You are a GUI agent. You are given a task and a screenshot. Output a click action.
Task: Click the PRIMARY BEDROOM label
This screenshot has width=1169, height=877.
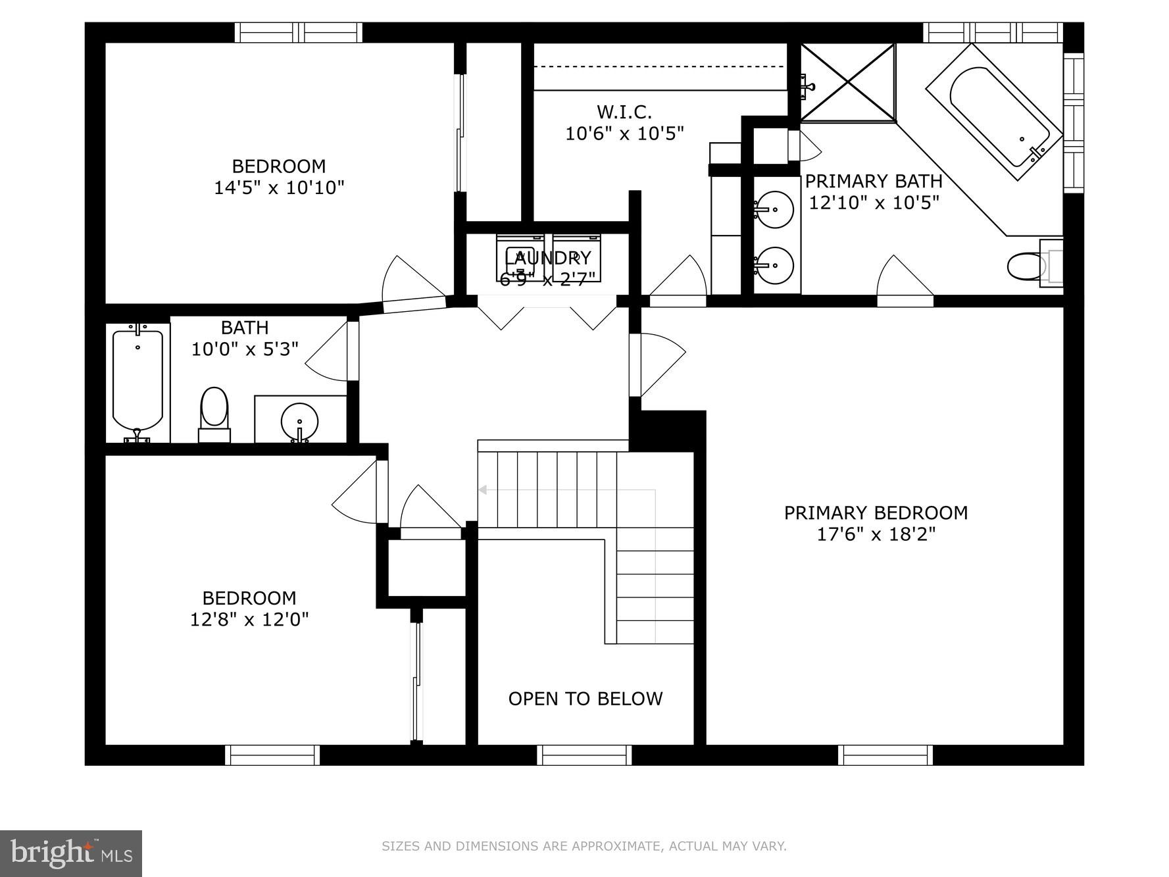coord(876,513)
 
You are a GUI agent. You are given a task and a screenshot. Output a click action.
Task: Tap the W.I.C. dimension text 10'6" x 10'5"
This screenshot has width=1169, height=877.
coord(624,134)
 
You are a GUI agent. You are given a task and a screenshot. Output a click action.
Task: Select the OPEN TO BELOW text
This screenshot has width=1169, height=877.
coord(585,699)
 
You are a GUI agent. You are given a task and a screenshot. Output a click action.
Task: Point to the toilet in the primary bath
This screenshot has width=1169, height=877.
coord(1028,266)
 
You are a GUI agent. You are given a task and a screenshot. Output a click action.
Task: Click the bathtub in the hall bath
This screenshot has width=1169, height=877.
coord(137,381)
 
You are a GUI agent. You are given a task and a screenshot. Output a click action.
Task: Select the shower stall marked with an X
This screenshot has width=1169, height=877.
coord(848,82)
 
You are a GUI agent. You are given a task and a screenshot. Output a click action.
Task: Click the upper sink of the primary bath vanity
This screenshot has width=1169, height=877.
coord(774,209)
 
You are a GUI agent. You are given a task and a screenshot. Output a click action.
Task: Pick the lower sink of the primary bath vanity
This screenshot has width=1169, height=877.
coord(774,265)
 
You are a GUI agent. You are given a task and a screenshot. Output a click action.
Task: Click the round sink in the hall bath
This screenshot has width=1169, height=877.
coord(299,421)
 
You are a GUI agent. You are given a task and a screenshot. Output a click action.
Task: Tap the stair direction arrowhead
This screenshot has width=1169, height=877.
coord(482,489)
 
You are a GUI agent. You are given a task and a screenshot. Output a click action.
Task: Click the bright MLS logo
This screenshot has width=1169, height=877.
coord(71,853)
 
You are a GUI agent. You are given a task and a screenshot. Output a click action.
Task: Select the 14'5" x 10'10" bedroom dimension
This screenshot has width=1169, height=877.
coord(279,188)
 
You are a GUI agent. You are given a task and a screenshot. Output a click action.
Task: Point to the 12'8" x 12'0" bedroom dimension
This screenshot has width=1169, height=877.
coord(249,619)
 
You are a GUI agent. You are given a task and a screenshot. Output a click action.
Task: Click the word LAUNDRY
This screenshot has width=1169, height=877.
coord(548,257)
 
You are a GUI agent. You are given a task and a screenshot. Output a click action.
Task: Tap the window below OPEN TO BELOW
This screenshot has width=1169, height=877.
coord(584,755)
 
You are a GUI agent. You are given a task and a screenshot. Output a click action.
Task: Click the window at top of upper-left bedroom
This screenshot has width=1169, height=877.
coord(299,32)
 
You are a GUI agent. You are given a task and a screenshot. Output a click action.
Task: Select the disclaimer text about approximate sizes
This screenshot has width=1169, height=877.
coord(584,846)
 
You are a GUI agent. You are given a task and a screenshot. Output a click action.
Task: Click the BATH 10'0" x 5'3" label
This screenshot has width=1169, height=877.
coord(245,338)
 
